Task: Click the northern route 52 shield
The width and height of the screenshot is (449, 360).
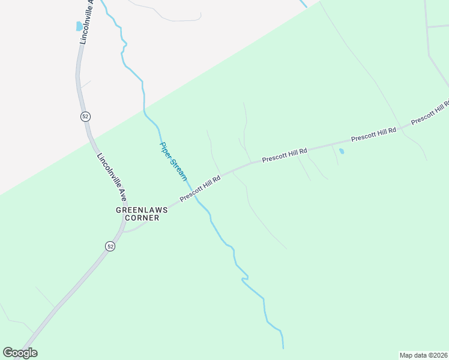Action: [85, 116]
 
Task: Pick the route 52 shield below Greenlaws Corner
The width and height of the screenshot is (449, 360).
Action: [110, 246]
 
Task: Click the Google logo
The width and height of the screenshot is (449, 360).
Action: [20, 353]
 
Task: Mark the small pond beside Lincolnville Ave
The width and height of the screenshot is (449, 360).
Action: [79, 26]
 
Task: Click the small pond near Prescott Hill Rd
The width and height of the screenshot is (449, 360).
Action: [342, 151]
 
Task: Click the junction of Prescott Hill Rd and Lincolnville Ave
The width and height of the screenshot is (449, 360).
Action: [124, 230]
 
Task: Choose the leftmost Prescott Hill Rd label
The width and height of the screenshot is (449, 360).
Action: [200, 188]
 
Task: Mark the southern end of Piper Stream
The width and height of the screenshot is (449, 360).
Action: [283, 347]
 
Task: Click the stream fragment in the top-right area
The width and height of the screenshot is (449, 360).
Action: [303, 4]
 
